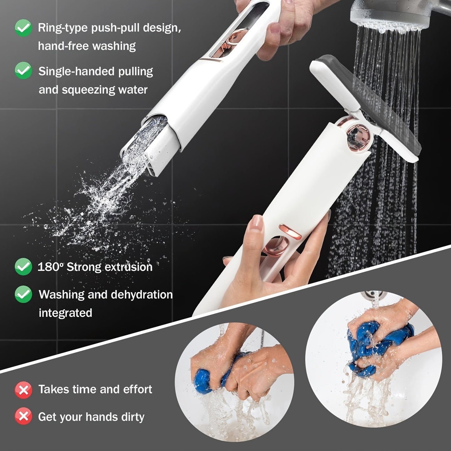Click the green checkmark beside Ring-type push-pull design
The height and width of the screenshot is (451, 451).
coord(23,28)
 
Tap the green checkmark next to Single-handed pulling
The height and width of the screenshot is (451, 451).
coord(23,71)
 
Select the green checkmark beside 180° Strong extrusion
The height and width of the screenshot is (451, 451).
coord(23,267)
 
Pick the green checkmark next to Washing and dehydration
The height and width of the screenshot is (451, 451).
coord(23,294)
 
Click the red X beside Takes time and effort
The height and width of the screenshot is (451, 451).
coord(23,390)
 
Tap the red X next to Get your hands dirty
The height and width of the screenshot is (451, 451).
coord(23,416)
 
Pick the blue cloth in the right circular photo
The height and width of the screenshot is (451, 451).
coord(368,343)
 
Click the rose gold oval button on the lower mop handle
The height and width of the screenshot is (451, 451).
coord(289,231)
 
